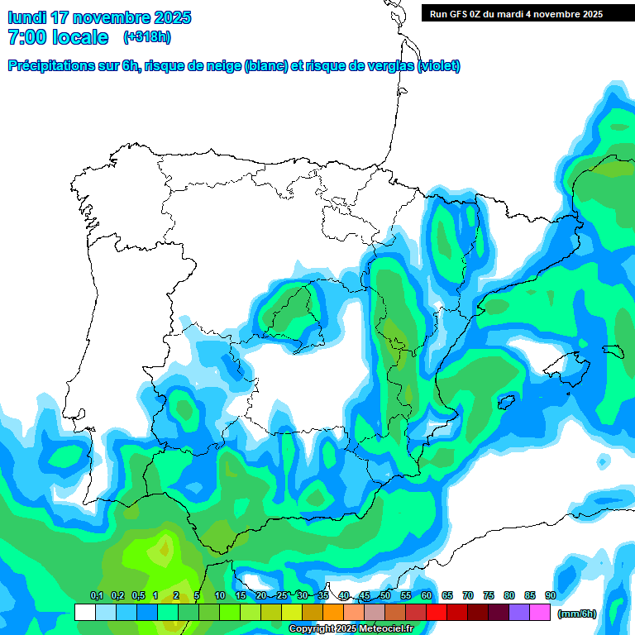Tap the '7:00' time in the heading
click(26, 37)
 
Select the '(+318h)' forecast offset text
click(146, 37)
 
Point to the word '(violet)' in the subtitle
click(438, 66)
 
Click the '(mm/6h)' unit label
click(577, 614)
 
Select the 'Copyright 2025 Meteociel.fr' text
click(351, 629)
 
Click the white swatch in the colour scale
click(84, 612)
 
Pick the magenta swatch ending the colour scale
click(540, 612)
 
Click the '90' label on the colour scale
click(550, 595)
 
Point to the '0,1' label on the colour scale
click(96, 595)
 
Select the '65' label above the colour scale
click(447, 595)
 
